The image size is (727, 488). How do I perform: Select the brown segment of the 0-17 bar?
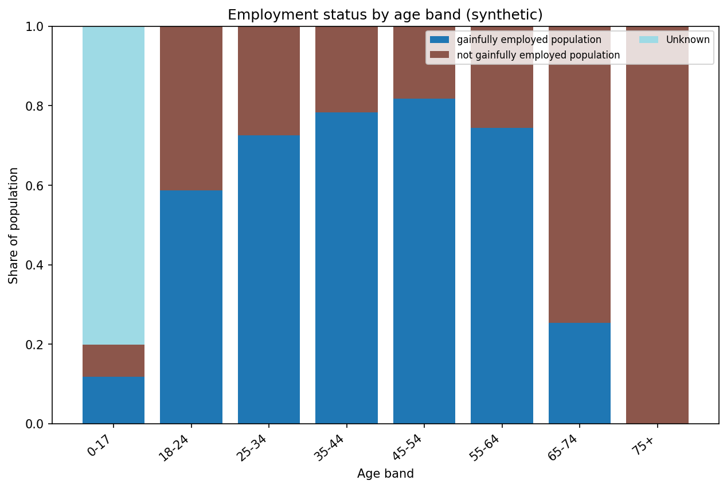[x=113, y=361]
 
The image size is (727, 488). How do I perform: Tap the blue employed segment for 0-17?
[x=113, y=400]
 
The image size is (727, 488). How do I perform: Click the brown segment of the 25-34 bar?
[x=269, y=81]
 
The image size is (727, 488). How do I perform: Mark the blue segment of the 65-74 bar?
[x=579, y=373]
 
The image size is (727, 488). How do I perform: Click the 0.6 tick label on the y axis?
[x=38, y=186]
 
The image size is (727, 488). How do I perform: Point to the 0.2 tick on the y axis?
[x=38, y=345]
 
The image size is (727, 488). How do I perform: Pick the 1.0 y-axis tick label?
[x=38, y=27]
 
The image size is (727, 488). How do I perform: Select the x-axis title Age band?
[x=385, y=474]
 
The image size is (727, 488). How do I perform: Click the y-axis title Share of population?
[x=14, y=225]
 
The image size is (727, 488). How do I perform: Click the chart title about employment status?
[x=385, y=15]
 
